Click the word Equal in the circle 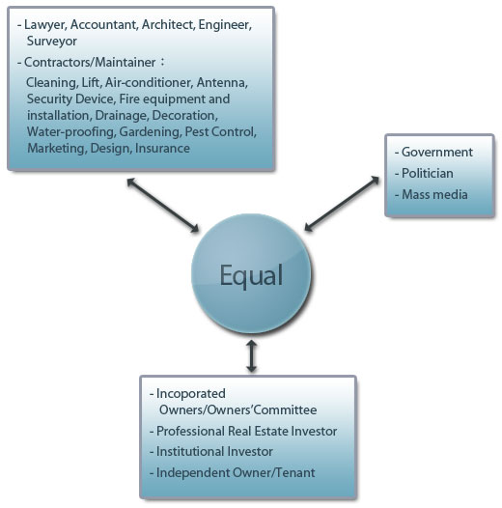pyautogui.click(x=251, y=275)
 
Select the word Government pyautogui.click(x=437, y=152)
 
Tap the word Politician pyautogui.click(x=428, y=173)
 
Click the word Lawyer pyautogui.click(x=45, y=25)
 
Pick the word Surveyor pyautogui.click(x=52, y=42)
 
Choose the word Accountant pyautogui.click(x=104, y=25)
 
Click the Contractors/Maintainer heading pyautogui.click(x=90, y=62)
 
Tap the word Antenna pyautogui.click(x=222, y=83)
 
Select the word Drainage pyautogui.click(x=122, y=116)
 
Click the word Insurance pyautogui.click(x=162, y=148)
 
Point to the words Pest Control pyautogui.click(x=220, y=132)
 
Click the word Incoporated pyautogui.click(x=191, y=394)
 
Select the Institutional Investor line pyautogui.click(x=214, y=451)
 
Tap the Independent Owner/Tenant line pyautogui.click(x=236, y=472)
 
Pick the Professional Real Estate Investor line pyautogui.click(x=246, y=431)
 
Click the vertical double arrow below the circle pyautogui.click(x=251, y=355)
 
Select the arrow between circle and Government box pyautogui.click(x=342, y=204)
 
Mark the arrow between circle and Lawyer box pyautogui.click(x=162, y=205)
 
